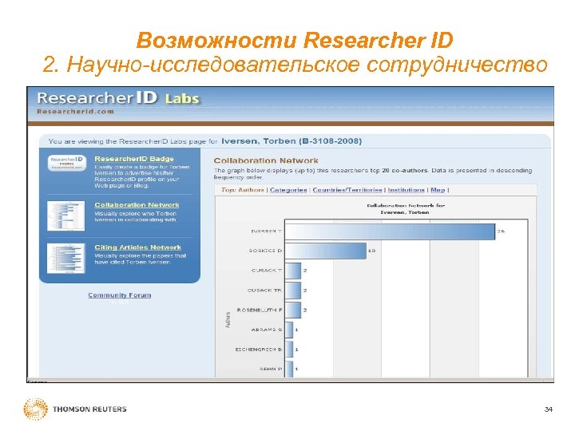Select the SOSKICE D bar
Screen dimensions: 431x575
pyautogui.click(x=323, y=251)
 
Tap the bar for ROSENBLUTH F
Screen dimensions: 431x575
pyautogui.click(x=292, y=309)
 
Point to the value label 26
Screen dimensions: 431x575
pyautogui.click(x=502, y=231)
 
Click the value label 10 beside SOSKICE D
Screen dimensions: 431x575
pyautogui.click(x=371, y=251)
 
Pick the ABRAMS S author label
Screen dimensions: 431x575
pyautogui.click(x=268, y=329)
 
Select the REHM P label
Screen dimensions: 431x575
pyautogui.click(x=271, y=369)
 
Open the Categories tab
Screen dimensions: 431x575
pyautogui.click(x=288, y=190)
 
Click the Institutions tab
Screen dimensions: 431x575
pyautogui.click(x=406, y=190)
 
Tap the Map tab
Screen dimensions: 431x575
pyautogui.click(x=438, y=190)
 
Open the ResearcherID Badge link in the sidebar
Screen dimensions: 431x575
pyautogui.click(x=134, y=159)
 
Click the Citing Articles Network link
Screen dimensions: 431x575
pyautogui.click(x=138, y=247)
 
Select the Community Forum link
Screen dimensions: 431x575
pyautogui.click(x=119, y=295)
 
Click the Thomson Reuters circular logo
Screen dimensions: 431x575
pyautogui.click(x=36, y=409)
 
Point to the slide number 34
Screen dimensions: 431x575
pyautogui.click(x=548, y=409)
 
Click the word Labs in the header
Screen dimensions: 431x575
pyautogui.click(x=182, y=99)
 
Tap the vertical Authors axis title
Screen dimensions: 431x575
pyautogui.click(x=228, y=319)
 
